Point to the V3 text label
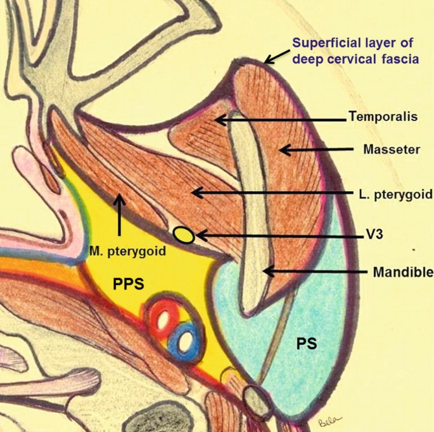tap(380, 235)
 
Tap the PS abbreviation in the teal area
tap(307, 343)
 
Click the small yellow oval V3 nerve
tap(184, 235)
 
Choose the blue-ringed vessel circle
tap(185, 341)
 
